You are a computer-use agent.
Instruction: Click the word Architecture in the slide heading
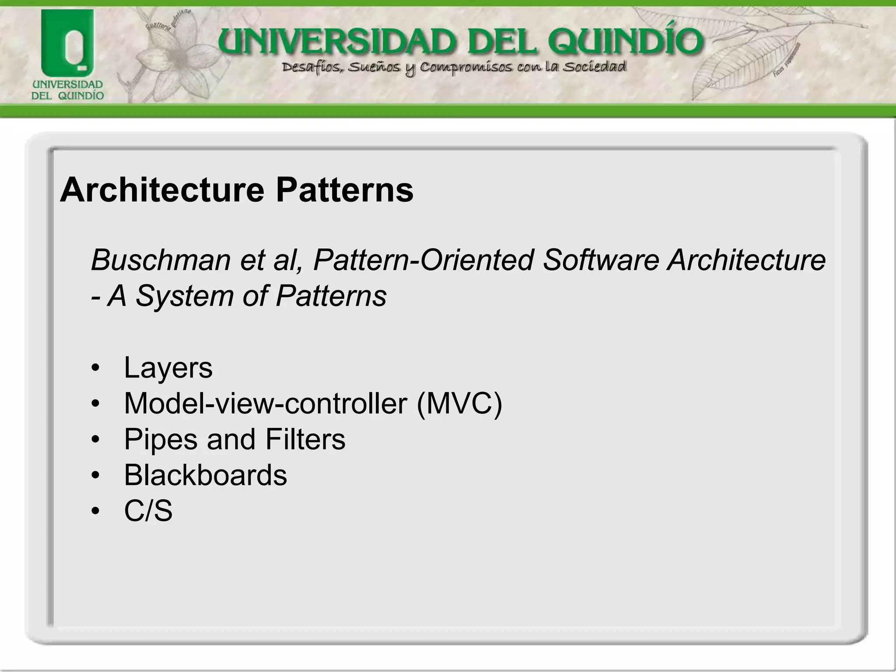click(x=162, y=190)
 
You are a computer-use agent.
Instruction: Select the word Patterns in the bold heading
click(x=344, y=190)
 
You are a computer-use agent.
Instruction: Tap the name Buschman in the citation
click(x=161, y=260)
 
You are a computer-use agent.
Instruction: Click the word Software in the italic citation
click(x=601, y=260)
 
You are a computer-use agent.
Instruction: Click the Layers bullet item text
click(x=168, y=367)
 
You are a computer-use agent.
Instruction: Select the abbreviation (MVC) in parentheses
click(x=459, y=403)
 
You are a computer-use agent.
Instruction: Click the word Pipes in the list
click(x=161, y=439)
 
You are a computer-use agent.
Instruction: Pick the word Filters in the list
click(x=305, y=439)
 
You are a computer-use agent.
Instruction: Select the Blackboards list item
click(x=205, y=475)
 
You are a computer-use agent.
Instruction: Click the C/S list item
click(x=148, y=511)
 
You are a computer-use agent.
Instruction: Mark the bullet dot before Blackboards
click(x=96, y=476)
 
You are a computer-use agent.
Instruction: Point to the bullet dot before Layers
click(x=96, y=368)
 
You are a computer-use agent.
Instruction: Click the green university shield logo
click(x=67, y=44)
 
